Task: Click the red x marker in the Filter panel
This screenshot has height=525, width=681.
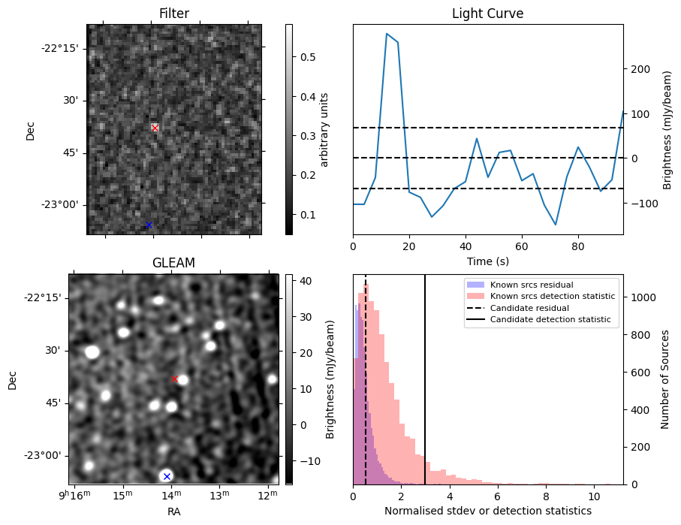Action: (x=155, y=128)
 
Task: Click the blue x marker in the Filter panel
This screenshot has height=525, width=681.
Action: (x=149, y=225)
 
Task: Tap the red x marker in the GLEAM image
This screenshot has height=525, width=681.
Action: (x=174, y=379)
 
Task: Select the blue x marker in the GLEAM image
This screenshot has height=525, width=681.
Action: (x=167, y=476)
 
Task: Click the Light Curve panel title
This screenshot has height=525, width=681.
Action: (x=487, y=14)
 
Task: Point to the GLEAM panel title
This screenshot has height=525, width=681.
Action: (x=173, y=263)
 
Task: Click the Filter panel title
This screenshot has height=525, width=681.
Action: (x=173, y=14)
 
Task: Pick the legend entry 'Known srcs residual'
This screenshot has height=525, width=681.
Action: (x=531, y=285)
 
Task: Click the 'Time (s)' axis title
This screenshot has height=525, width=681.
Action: (x=487, y=260)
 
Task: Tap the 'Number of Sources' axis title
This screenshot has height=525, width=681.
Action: (x=665, y=379)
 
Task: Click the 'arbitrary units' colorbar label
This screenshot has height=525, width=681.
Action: (x=324, y=129)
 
